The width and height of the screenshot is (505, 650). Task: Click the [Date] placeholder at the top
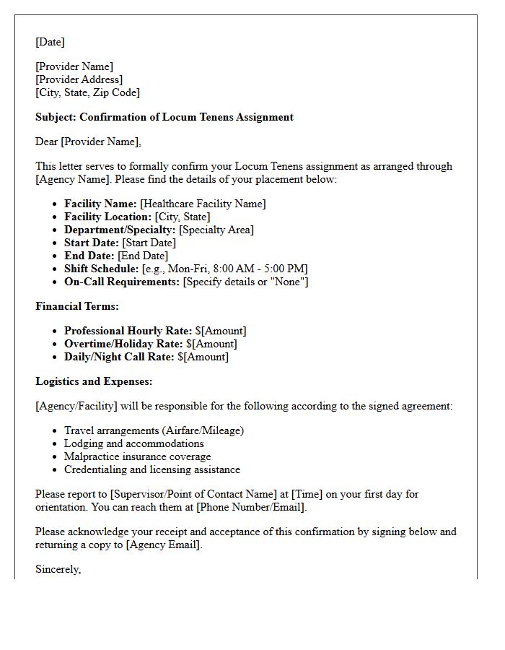(x=50, y=42)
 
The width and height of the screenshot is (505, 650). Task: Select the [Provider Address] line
(x=79, y=79)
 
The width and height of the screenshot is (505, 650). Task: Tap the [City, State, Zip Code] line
(x=87, y=92)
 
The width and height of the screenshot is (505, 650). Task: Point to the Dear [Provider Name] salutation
(x=88, y=142)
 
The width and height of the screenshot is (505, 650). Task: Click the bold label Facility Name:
(x=100, y=204)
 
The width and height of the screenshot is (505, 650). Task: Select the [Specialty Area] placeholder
(x=216, y=230)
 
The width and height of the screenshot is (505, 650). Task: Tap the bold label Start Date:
(x=91, y=243)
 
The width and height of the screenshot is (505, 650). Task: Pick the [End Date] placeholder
(x=143, y=256)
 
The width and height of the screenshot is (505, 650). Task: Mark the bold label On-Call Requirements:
(x=122, y=282)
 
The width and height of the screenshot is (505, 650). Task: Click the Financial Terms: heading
(x=77, y=306)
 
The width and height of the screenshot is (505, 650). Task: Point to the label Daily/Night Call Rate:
(x=119, y=357)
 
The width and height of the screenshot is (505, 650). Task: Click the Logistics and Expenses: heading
(x=94, y=381)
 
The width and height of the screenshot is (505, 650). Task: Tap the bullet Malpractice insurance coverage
(x=138, y=456)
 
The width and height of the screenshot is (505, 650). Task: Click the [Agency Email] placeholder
(x=163, y=545)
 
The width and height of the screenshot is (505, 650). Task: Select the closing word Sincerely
(x=58, y=569)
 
